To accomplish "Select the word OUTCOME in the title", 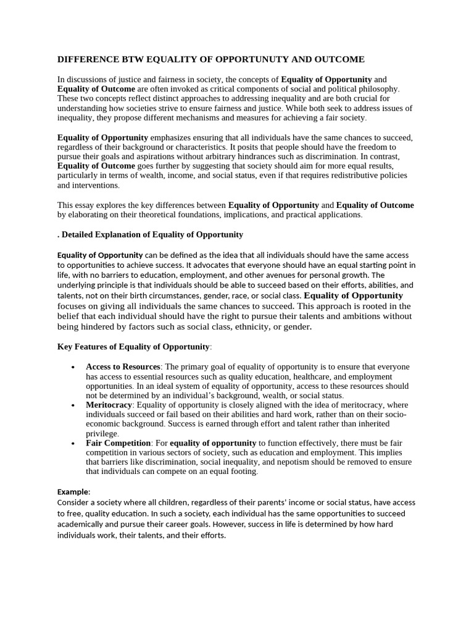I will [339, 59].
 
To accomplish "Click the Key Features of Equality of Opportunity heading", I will [133, 347].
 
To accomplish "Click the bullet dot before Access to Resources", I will [73, 367].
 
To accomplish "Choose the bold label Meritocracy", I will [109, 405].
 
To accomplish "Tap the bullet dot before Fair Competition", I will [73, 444].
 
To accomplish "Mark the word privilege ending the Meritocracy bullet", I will [101, 434].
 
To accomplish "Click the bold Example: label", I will [73, 492].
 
